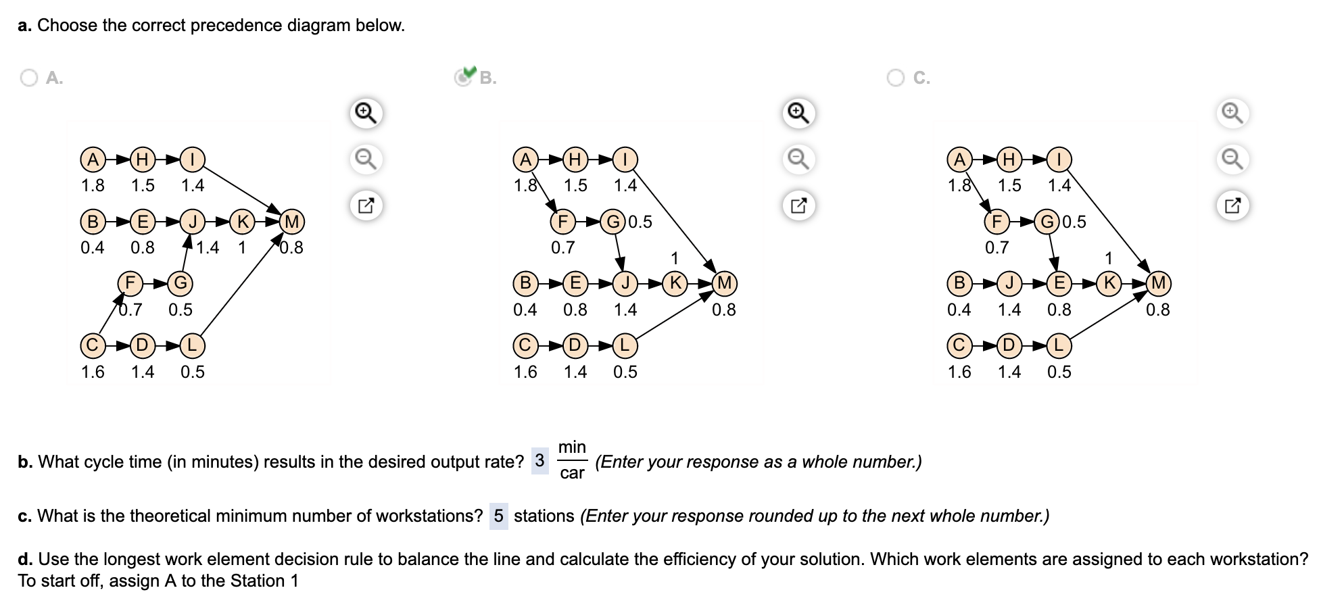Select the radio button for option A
point(29,78)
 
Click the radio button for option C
point(896,78)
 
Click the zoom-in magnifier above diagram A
point(366,112)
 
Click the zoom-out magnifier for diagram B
point(798,159)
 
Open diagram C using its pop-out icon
point(1232,205)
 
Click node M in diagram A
point(292,222)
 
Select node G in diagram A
point(181,283)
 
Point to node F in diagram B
point(562,222)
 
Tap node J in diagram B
point(625,283)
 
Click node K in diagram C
point(1109,283)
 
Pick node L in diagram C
point(1059,345)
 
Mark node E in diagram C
point(1059,283)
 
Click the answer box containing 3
point(539,461)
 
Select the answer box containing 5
point(498,516)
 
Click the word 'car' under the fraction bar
point(572,473)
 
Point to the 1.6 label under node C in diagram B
point(525,372)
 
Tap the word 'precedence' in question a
point(236,26)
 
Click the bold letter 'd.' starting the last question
point(25,560)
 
